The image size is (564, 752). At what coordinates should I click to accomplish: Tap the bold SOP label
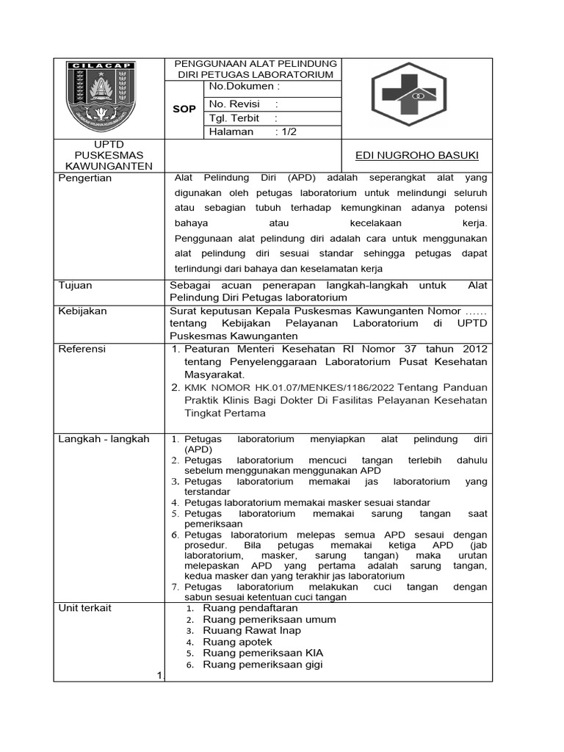(184, 109)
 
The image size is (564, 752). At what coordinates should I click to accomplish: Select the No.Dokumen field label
(239, 87)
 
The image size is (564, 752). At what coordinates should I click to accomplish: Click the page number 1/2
(286, 131)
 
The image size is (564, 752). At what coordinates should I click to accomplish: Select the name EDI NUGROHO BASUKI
(416, 155)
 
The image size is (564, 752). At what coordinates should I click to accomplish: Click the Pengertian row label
(84, 178)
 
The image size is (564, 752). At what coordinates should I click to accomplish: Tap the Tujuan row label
(75, 286)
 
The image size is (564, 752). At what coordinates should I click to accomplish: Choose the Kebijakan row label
(82, 311)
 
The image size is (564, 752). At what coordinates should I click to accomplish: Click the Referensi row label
(82, 349)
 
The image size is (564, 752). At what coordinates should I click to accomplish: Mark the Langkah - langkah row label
(104, 438)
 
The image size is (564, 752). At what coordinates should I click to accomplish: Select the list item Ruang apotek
(237, 641)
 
